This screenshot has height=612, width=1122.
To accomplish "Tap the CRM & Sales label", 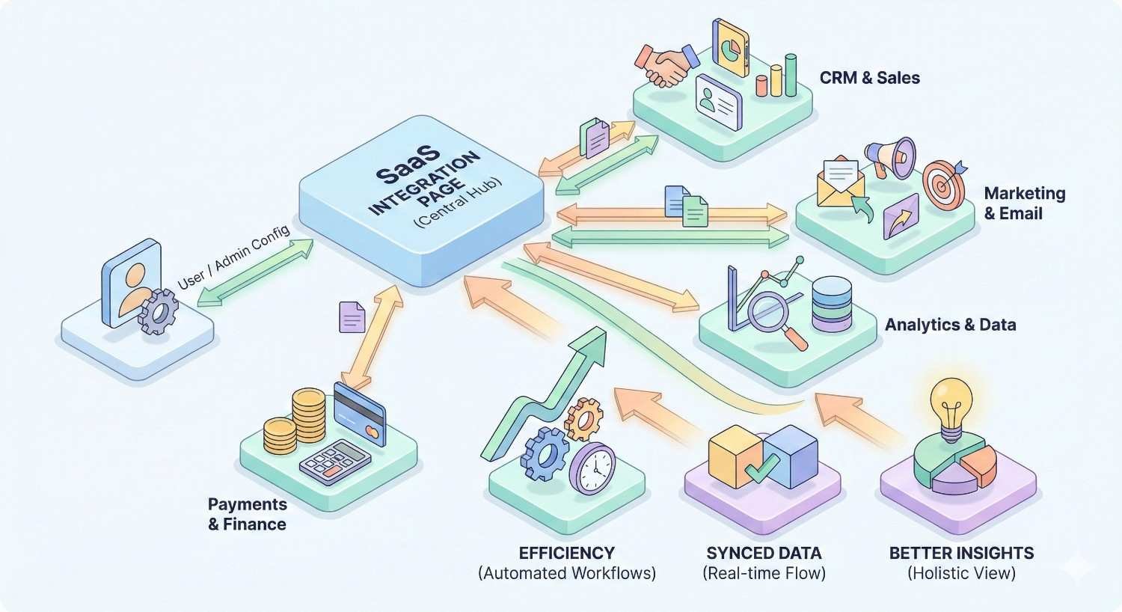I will point(869,78).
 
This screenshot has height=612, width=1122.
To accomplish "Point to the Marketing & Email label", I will point(1024,204).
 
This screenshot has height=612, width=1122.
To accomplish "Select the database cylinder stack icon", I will point(831,304).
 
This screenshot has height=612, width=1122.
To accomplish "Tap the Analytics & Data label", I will point(950,325).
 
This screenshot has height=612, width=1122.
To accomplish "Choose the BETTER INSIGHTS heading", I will point(961,554).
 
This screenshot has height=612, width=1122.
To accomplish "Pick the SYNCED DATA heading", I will point(764,554).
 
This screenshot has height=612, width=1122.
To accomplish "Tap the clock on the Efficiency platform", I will point(593,468).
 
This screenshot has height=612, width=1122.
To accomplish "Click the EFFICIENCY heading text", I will point(566,554).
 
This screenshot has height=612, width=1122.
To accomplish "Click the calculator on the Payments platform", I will point(336,460).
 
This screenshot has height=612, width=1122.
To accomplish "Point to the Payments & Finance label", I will point(247,515).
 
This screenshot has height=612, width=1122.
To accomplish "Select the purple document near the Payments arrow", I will point(352,317).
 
